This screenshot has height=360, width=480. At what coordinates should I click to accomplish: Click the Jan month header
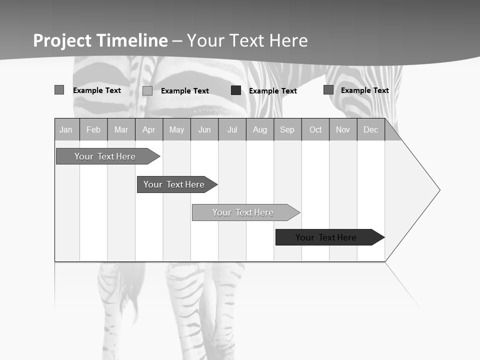coord(66,129)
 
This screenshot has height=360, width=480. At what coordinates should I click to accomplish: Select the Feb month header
coord(93,129)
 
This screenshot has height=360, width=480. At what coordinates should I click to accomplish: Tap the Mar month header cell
coord(121,129)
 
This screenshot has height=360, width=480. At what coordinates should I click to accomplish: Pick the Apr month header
coord(149,129)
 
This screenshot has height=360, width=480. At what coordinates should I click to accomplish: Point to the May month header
coord(176,129)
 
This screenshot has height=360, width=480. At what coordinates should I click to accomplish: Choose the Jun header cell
coord(204,129)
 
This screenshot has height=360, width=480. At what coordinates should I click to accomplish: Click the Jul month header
coord(232,129)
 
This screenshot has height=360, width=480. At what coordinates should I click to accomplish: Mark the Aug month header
coord(260,129)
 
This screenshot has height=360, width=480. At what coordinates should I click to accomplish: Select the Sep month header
coord(287,129)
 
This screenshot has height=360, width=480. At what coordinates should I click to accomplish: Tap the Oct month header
coord(315,129)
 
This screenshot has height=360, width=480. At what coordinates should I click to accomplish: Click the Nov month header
coord(343,129)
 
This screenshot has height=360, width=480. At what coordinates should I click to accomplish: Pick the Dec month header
coord(371,129)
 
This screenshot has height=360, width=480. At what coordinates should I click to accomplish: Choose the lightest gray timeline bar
coord(244,212)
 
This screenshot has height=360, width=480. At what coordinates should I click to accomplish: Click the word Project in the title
coord(62,40)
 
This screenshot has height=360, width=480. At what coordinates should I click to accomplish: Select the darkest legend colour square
coord(236,90)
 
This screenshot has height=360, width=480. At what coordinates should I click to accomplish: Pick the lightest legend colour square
coord(147,90)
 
